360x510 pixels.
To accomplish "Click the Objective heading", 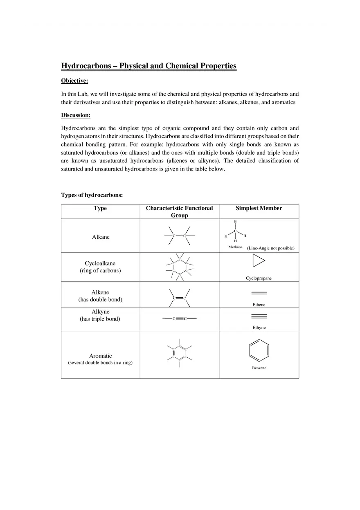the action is click(x=74, y=81).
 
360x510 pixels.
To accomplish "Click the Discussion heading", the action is click(x=76, y=115).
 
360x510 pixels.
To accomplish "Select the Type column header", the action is click(x=100, y=208).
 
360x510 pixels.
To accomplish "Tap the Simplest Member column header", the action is click(x=259, y=208).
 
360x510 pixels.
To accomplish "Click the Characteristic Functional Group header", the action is click(x=179, y=211).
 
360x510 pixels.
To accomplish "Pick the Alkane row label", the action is click(x=101, y=237).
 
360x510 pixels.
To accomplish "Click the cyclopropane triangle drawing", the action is click(x=259, y=261).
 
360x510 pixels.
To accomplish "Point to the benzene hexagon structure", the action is click(x=259, y=351).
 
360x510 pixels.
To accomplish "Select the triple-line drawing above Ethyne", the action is click(x=259, y=316).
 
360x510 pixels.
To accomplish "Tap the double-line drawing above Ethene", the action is click(x=259, y=293).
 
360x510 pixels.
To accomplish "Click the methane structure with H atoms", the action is click(x=235, y=232).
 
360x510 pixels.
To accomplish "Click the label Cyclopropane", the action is click(x=259, y=278).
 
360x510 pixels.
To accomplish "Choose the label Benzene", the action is click(x=259, y=368).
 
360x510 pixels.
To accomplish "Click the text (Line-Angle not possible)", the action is click(x=270, y=248).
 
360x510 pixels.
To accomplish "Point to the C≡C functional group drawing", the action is click(x=180, y=319).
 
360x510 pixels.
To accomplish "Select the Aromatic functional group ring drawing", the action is click(x=180, y=352).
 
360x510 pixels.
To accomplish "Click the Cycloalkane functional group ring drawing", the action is click(x=180, y=267).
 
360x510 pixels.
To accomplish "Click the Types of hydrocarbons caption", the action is click(x=92, y=195).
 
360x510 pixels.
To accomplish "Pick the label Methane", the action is click(x=235, y=247).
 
